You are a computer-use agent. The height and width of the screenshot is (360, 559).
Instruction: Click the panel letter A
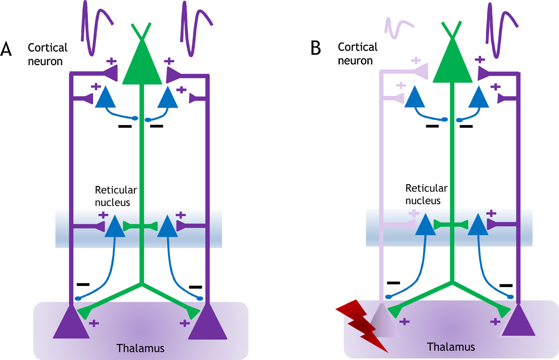6,49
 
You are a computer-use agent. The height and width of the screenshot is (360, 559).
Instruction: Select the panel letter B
316,48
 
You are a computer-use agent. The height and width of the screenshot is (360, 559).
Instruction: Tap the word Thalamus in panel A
140,348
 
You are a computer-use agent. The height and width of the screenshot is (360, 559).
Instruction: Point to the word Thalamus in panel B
451,347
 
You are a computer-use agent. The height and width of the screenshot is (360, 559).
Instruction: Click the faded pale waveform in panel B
398,28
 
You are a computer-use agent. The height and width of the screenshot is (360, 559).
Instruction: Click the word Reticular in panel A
116,190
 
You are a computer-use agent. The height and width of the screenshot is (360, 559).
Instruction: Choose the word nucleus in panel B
423,201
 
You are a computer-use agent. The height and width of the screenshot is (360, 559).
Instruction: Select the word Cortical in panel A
47,48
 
